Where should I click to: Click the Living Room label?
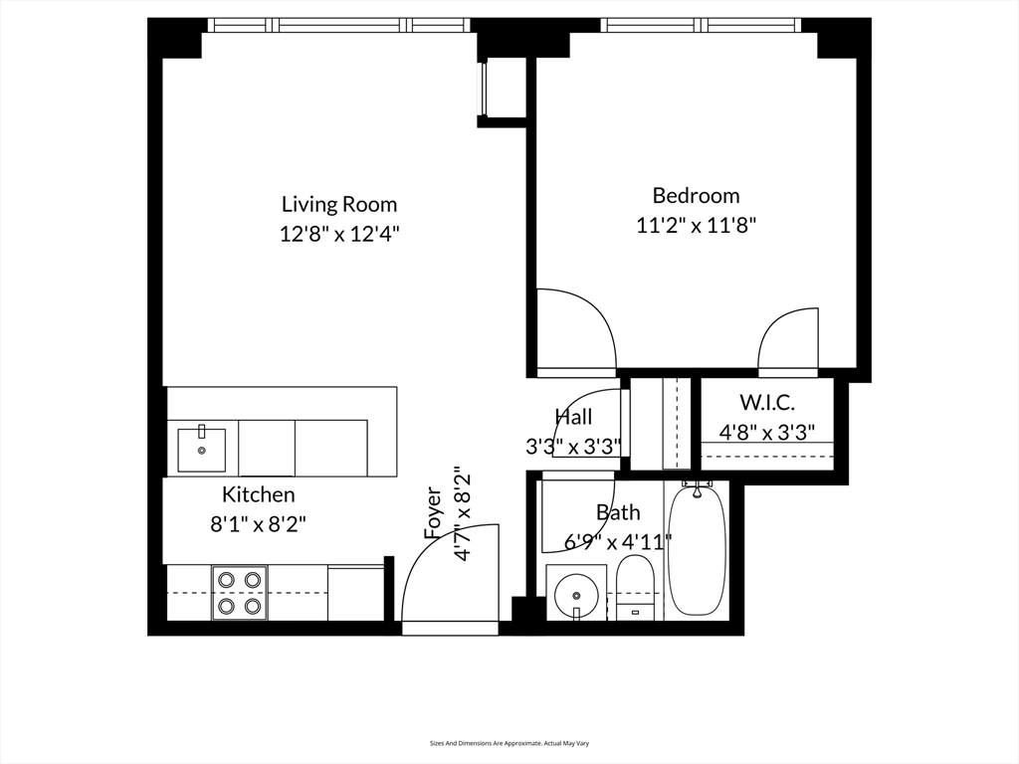[x=339, y=205]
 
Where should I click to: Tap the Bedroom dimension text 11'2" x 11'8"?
[x=697, y=226]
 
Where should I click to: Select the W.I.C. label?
[x=766, y=403]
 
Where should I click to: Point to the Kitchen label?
[x=258, y=494]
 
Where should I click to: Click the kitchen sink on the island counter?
[x=201, y=450]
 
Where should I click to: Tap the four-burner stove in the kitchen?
[x=239, y=592]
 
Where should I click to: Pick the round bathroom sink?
[x=575, y=594]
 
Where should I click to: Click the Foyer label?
[x=433, y=512]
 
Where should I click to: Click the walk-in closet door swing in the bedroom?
[x=789, y=341]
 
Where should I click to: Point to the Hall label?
[x=573, y=418]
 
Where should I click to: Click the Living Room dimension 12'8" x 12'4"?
[x=339, y=235]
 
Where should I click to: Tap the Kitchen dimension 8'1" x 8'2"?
[x=258, y=524]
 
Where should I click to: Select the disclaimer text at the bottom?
[x=509, y=743]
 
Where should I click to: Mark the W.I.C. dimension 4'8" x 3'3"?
[x=766, y=433]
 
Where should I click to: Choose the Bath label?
[x=618, y=512]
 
